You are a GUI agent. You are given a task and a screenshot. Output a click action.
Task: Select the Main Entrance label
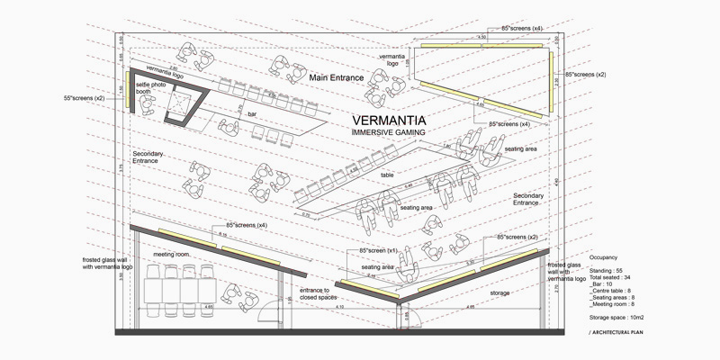336,79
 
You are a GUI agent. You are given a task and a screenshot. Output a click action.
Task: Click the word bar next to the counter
253,114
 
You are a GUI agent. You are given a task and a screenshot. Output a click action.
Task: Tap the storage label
499,293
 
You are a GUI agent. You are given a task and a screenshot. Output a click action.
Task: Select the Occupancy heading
603,257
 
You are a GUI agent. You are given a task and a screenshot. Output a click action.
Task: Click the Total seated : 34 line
612,278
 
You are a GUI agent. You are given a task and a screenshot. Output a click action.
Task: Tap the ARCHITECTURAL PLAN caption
621,334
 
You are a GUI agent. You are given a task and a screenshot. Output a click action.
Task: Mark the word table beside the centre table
388,175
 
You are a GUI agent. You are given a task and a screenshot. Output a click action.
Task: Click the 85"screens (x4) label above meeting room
247,224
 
